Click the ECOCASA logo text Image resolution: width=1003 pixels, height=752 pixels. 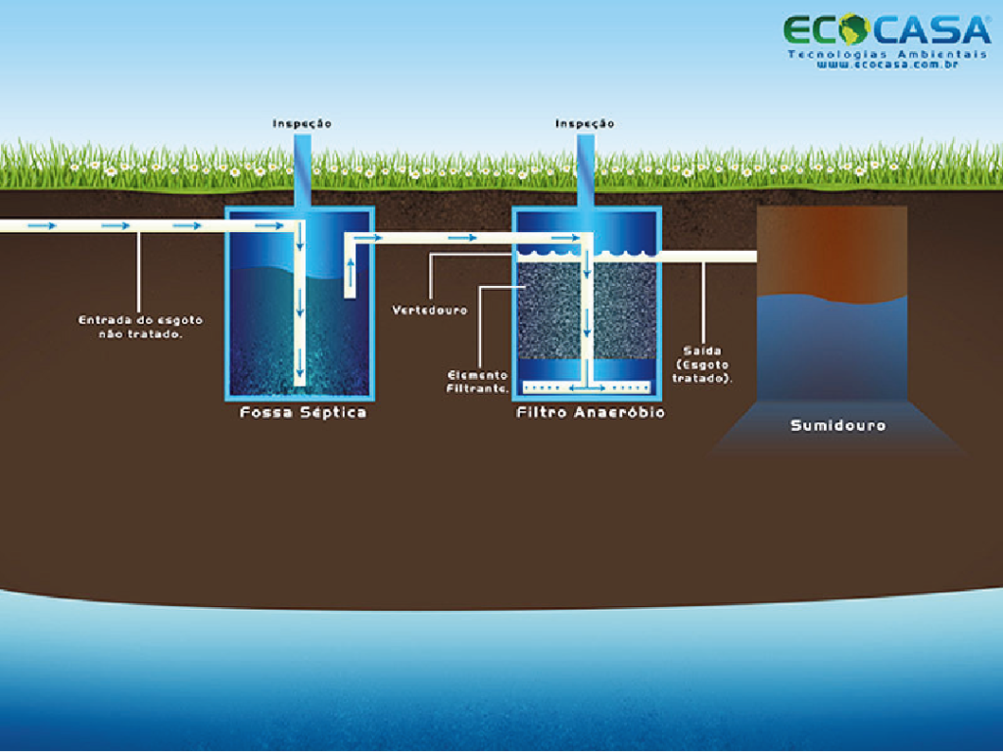click(x=886, y=29)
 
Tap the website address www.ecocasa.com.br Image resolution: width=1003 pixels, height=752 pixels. click(x=886, y=65)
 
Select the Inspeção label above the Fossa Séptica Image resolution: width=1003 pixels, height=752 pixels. click(x=302, y=123)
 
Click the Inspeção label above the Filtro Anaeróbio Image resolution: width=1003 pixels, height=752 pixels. click(x=585, y=123)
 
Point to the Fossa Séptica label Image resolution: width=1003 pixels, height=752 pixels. click(x=303, y=412)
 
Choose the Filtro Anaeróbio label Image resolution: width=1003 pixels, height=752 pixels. click(x=591, y=412)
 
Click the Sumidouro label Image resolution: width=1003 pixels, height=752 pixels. click(x=837, y=425)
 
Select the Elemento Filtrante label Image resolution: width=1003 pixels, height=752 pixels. click(x=478, y=381)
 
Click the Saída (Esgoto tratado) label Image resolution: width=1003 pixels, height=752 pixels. click(x=704, y=363)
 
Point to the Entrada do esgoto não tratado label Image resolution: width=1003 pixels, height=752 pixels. click(x=141, y=326)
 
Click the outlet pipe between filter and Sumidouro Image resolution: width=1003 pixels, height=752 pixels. click(x=707, y=257)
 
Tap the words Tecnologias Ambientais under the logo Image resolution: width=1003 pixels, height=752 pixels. click(x=886, y=53)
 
